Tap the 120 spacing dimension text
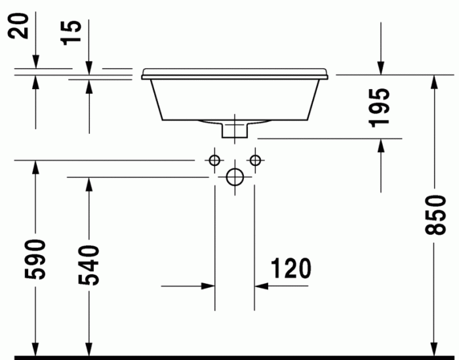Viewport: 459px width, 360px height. [289, 268]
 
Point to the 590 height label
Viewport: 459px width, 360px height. [35, 260]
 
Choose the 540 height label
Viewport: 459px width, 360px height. [89, 264]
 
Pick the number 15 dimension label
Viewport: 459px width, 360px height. [73, 33]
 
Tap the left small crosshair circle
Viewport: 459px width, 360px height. [214, 159]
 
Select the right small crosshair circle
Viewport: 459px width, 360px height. [255, 159]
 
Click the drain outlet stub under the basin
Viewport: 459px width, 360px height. [235, 130]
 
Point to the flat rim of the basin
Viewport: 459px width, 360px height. [234, 71]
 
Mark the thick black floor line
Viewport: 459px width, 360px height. [229, 357]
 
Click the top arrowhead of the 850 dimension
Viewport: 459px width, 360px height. [433, 81]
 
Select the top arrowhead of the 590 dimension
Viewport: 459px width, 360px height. [35, 167]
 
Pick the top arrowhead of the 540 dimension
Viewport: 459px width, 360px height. [89, 184]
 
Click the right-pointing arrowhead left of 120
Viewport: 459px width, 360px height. [209, 286]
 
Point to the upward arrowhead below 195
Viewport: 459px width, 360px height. [381, 145]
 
